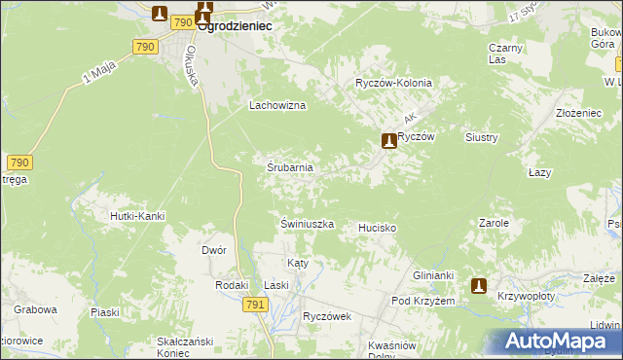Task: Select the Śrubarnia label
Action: tap(290, 167)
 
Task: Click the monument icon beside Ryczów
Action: tap(389, 141)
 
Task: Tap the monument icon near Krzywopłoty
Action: tap(479, 285)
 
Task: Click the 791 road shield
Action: tap(255, 305)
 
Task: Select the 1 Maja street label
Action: tap(99, 75)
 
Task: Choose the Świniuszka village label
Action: tap(308, 224)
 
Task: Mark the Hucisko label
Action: tap(377, 228)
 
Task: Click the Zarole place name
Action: tap(494, 223)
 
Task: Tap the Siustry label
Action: tap(482, 138)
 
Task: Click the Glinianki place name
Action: tap(434, 275)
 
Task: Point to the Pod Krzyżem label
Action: tap(423, 302)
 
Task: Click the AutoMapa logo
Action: tap(559, 342)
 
